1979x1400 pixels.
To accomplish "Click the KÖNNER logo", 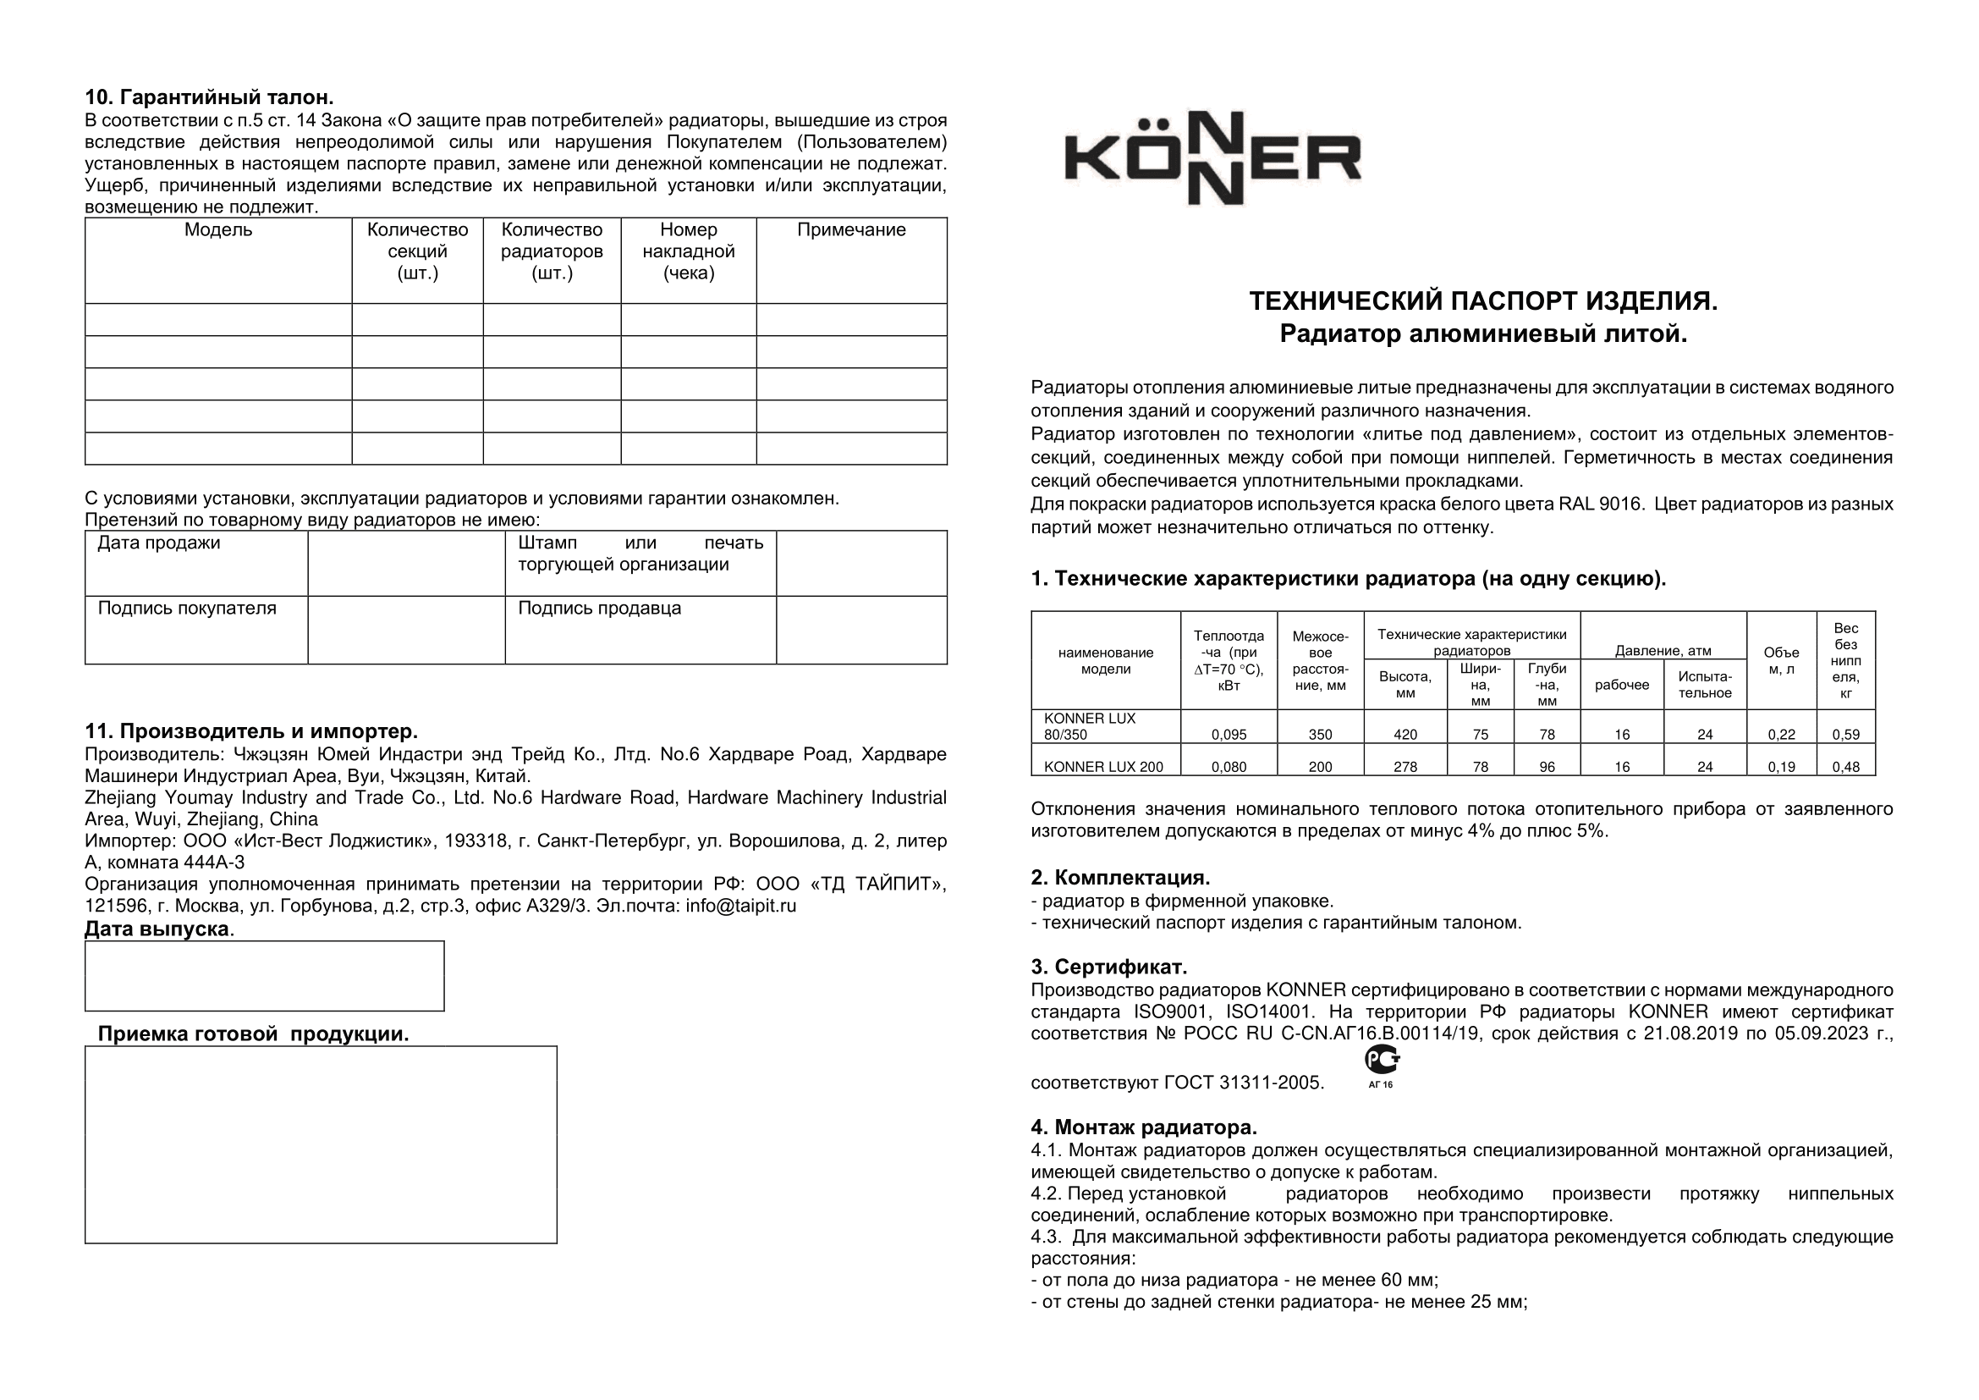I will [x=1212, y=158].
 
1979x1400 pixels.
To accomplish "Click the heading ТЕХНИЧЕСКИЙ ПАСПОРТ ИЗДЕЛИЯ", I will [x=1482, y=300].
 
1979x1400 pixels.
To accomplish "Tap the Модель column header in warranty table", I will [x=218, y=230].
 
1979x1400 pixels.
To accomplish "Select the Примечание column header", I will [x=850, y=230].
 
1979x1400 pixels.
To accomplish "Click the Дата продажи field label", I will [x=159, y=543].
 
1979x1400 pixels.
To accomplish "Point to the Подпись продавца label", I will [x=599, y=609].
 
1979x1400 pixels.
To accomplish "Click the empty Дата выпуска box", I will [x=264, y=976].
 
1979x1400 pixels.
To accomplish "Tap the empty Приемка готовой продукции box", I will [x=321, y=1144].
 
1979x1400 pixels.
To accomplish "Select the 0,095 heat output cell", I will [x=1229, y=735].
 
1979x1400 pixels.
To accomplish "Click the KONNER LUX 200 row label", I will [x=1103, y=766].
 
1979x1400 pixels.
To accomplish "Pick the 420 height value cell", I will [x=1405, y=735].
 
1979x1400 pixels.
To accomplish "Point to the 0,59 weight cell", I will [x=1845, y=735].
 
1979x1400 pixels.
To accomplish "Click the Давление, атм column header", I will [x=1663, y=651].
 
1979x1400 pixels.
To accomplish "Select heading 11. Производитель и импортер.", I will [x=250, y=731].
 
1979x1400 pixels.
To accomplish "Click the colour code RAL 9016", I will [x=1600, y=504].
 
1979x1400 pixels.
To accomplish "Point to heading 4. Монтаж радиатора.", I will [x=1144, y=1127].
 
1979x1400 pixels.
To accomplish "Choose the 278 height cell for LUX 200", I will [x=1405, y=766].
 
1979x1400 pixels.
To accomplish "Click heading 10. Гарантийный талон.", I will [x=209, y=96].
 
